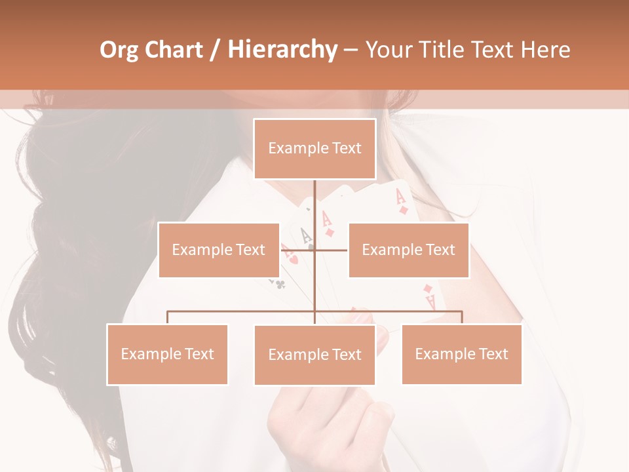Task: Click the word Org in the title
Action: click(119, 50)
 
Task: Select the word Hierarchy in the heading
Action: click(282, 50)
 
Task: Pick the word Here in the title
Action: click(545, 50)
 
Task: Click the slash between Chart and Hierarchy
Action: click(215, 50)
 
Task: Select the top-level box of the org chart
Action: click(314, 149)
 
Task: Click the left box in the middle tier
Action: click(219, 250)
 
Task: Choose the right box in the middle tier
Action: click(408, 250)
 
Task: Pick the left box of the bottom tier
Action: click(167, 355)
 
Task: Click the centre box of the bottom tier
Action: click(314, 355)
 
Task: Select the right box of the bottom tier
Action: click(461, 355)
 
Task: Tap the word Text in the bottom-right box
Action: click(493, 355)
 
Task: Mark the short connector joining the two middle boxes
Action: click(331, 250)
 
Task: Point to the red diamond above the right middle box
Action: click(404, 210)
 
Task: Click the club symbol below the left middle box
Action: click(280, 284)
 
